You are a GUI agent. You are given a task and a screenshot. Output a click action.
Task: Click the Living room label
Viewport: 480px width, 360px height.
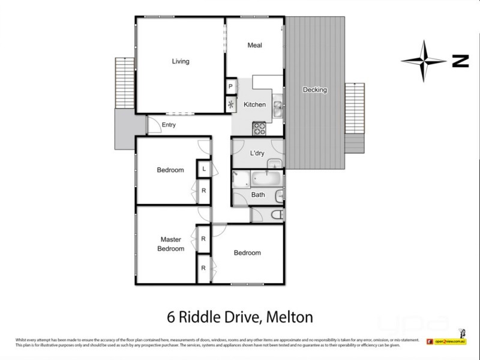181,61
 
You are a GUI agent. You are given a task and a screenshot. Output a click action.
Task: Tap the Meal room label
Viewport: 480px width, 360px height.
255,46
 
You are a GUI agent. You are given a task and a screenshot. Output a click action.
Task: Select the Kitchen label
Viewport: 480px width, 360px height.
254,105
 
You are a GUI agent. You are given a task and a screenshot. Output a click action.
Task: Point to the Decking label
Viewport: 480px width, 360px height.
314,90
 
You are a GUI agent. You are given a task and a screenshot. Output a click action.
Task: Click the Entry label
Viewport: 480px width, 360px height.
169,125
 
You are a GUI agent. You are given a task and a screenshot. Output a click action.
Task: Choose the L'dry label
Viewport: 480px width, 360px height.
257,153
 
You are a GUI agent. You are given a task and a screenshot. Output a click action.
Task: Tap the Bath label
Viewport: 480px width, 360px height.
258,194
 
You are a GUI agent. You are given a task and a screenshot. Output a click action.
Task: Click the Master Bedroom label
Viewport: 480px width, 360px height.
171,244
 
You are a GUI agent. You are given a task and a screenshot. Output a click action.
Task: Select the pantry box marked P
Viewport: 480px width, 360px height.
230,87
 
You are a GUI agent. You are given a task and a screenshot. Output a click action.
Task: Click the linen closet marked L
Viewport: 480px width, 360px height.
204,170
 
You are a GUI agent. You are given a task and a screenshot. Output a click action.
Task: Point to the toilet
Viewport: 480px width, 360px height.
275,215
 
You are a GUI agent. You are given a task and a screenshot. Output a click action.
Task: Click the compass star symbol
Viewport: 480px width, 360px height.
424,61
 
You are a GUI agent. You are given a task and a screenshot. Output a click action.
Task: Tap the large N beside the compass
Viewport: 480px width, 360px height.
460,61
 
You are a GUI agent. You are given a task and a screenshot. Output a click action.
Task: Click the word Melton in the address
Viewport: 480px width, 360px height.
289,316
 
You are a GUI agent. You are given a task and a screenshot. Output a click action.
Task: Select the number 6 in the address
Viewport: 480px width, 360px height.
170,316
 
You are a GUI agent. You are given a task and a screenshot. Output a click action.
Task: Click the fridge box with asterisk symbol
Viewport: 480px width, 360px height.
230,104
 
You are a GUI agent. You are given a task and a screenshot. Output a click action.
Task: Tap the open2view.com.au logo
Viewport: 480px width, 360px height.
450,341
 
